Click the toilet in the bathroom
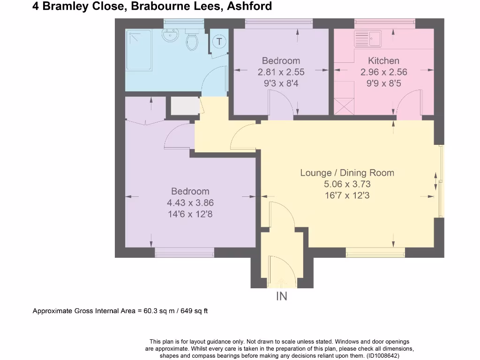click(192, 41)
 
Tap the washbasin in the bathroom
click(169, 35)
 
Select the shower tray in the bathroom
click(139, 50)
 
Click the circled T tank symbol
click(219, 41)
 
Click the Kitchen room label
click(383, 60)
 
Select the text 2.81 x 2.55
click(281, 72)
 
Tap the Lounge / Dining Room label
click(347, 172)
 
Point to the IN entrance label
click(281, 296)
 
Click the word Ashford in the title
click(254, 7)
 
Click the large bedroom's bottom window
click(185, 253)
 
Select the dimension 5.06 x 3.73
click(347, 184)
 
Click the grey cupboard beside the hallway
click(184, 105)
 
